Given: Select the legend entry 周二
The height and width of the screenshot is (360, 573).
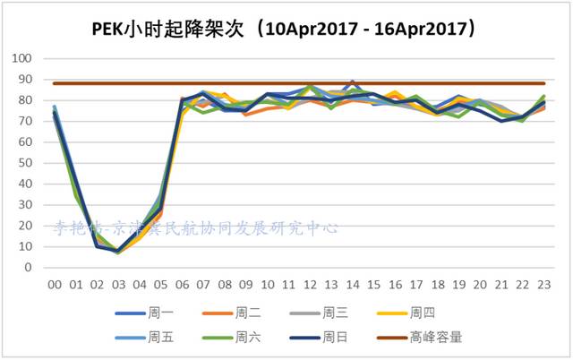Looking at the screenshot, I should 248,313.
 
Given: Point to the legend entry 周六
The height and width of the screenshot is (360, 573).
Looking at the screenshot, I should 248,338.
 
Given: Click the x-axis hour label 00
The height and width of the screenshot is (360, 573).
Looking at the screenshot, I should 54,285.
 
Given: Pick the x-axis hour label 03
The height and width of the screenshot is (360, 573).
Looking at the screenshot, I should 117,285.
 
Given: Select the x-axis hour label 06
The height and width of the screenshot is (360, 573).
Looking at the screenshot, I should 182,285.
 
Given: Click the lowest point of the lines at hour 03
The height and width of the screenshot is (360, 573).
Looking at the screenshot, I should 118,253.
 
